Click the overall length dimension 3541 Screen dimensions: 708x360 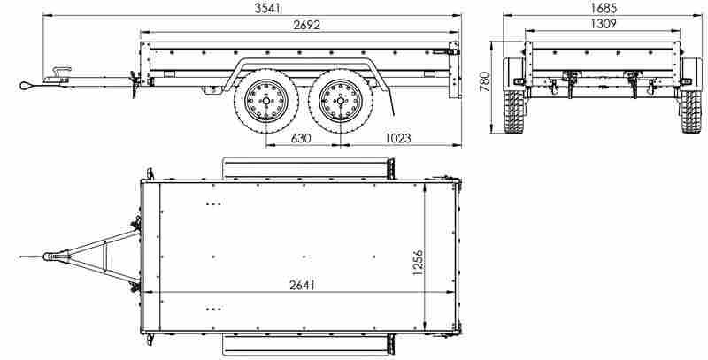click(x=268, y=8)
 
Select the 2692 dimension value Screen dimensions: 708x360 click(x=306, y=25)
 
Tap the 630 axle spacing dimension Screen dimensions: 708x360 click(x=301, y=138)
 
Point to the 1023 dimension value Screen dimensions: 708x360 click(x=397, y=138)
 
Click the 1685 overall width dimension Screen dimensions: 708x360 click(x=604, y=8)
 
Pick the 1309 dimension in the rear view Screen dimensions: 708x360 click(x=604, y=24)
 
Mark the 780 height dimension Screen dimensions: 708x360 click(x=485, y=81)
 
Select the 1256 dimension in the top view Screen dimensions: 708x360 click(x=418, y=262)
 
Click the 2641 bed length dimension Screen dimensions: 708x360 click(x=302, y=285)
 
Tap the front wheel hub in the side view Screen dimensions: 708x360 click(x=266, y=101)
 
